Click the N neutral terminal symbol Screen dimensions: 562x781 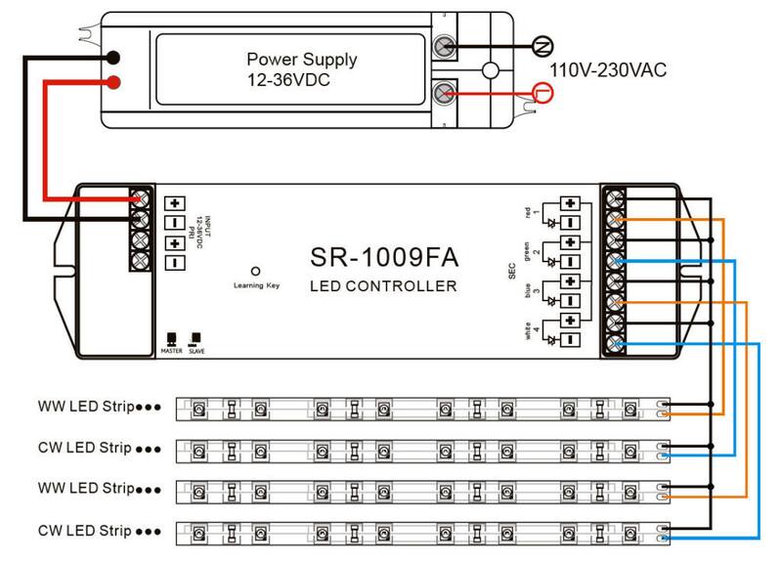click(540, 45)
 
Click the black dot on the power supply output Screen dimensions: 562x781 click(114, 59)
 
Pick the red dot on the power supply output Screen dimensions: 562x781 click(114, 81)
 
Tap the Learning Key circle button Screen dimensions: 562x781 click(255, 271)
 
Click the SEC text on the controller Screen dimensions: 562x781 click(512, 271)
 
